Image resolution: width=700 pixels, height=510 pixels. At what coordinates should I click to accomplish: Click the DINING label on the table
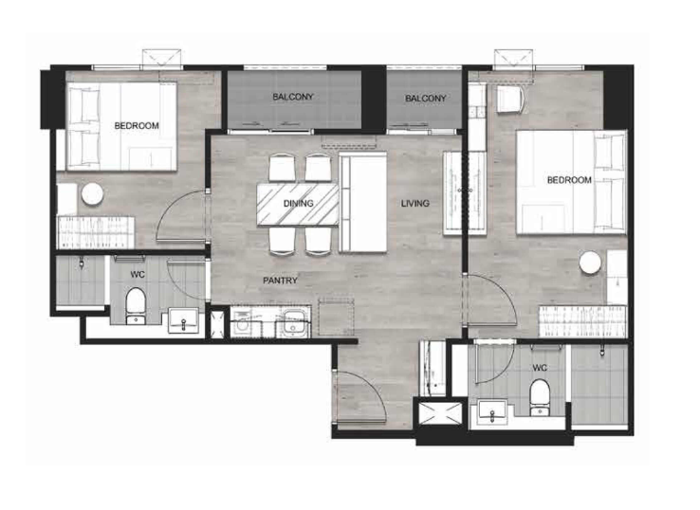click(x=298, y=204)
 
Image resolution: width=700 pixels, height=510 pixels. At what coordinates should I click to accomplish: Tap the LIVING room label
click(x=414, y=204)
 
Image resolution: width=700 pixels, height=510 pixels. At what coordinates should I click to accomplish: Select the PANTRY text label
click(x=280, y=281)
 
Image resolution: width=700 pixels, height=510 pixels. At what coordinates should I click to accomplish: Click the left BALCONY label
click(x=293, y=97)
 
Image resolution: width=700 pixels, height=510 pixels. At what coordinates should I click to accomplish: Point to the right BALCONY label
click(x=426, y=99)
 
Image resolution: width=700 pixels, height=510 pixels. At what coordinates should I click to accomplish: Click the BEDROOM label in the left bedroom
click(x=137, y=126)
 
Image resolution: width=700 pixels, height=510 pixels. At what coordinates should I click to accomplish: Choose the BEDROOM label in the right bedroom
click(x=569, y=180)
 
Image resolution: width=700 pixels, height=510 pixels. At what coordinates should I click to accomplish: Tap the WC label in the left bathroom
click(x=138, y=275)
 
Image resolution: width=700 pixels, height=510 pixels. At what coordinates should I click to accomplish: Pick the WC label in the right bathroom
click(x=540, y=368)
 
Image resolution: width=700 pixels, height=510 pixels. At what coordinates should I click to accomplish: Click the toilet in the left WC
click(x=136, y=305)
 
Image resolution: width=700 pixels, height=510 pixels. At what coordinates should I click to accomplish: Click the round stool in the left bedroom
click(x=92, y=194)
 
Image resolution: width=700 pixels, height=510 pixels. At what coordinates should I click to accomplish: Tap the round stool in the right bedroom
click(x=590, y=262)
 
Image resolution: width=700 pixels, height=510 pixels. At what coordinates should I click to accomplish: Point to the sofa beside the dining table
click(x=362, y=203)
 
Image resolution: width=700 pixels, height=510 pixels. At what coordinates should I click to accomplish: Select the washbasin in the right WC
click(x=492, y=412)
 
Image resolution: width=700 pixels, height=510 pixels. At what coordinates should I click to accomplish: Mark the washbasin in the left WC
click(x=183, y=320)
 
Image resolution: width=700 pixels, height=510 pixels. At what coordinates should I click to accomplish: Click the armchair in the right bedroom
click(x=511, y=100)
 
